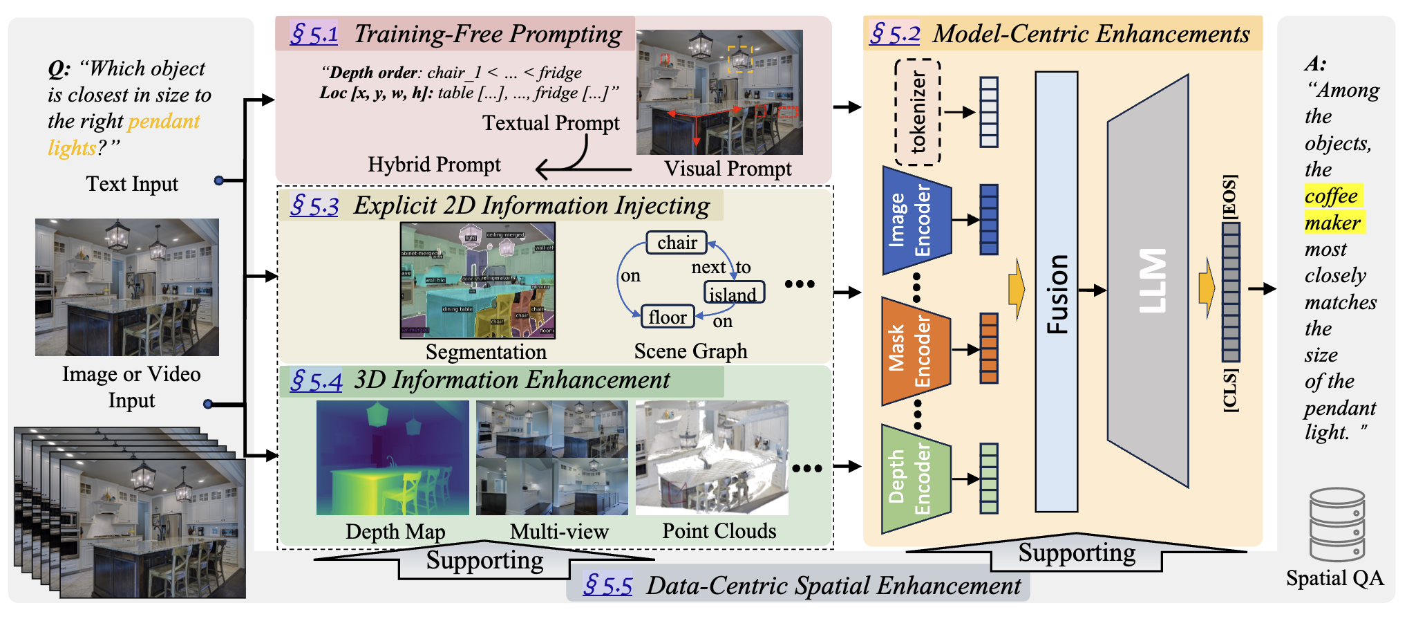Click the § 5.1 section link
[x=314, y=34]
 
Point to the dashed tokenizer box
[x=918, y=112]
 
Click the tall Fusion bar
[x=1056, y=291]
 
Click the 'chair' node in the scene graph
[x=677, y=243]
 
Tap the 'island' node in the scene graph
[x=733, y=293]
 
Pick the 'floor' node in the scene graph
[x=668, y=317]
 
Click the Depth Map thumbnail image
[x=392, y=458]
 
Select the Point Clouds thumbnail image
[x=711, y=458]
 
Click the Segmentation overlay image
[x=478, y=280]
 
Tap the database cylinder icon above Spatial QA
[x=1337, y=525]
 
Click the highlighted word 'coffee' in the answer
[x=1332, y=196]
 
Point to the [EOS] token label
[x=1229, y=197]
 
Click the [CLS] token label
[x=1229, y=391]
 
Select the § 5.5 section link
[x=607, y=586]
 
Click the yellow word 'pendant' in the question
[x=164, y=122]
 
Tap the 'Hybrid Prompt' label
[x=434, y=165]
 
